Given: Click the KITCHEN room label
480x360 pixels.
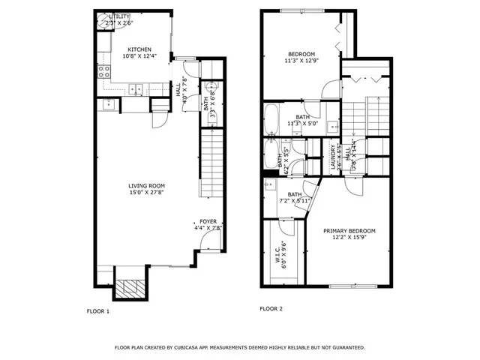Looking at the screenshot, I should pyautogui.click(x=139, y=50).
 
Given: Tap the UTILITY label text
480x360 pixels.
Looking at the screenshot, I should pyautogui.click(x=119, y=16).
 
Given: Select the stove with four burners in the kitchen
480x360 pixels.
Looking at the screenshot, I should pyautogui.click(x=104, y=73).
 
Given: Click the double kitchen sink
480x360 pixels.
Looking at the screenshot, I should pyautogui.click(x=136, y=89).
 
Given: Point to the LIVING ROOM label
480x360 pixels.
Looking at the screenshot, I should pyautogui.click(x=146, y=186).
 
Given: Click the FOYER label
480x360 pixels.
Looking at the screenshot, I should pyautogui.click(x=208, y=222).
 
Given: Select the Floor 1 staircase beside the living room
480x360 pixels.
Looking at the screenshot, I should pyautogui.click(x=211, y=161).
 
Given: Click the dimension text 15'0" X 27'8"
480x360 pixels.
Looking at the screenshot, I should pyautogui.click(x=146, y=193).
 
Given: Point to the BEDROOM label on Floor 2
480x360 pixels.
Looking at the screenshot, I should pyautogui.click(x=301, y=54).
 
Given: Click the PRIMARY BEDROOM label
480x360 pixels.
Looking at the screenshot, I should pyautogui.click(x=349, y=231).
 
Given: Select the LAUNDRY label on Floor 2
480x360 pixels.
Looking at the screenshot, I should pyautogui.click(x=333, y=157).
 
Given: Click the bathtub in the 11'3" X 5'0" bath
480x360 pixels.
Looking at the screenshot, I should pyautogui.click(x=273, y=118).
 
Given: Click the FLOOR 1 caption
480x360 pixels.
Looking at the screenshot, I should pyautogui.click(x=98, y=310).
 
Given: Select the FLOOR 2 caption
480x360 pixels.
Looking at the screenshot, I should pyautogui.click(x=271, y=309).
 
